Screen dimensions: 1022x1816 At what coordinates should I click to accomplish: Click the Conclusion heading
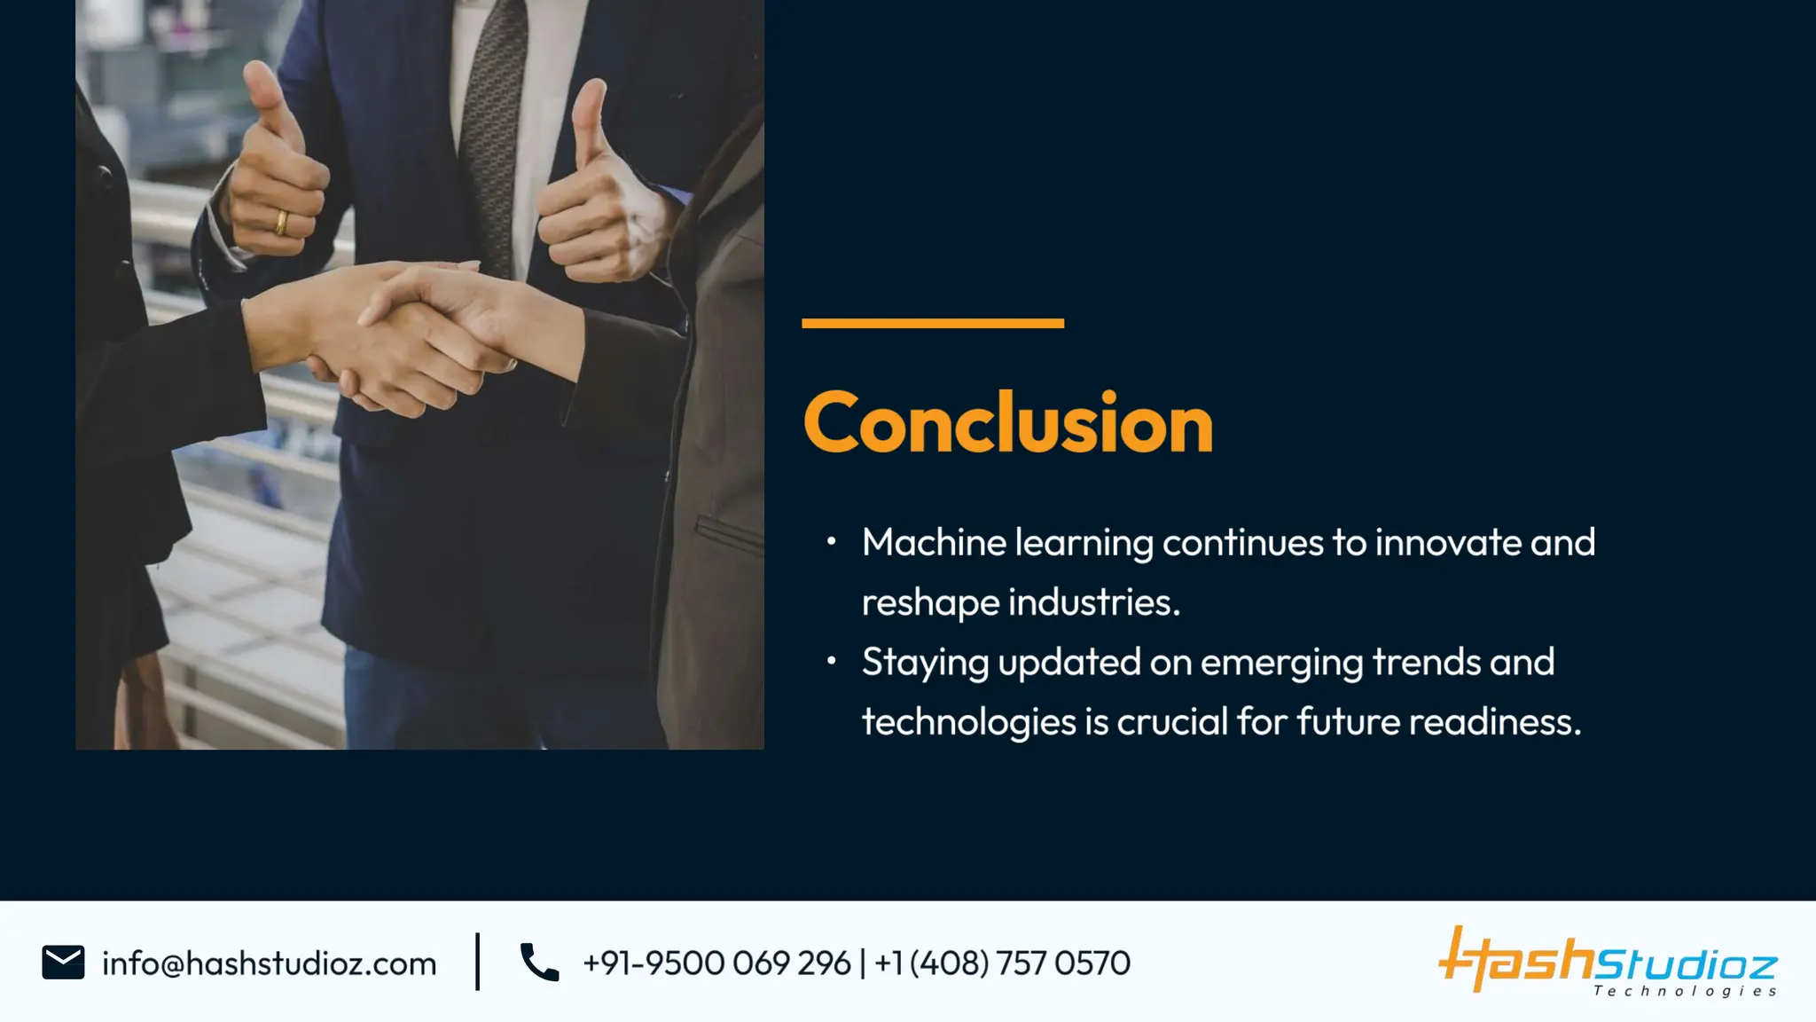(x=1007, y=424)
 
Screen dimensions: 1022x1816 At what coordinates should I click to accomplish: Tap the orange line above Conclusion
(x=932, y=324)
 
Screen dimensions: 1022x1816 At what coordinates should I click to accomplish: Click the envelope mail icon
(x=63, y=963)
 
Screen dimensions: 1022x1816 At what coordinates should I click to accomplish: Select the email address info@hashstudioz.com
(x=269, y=963)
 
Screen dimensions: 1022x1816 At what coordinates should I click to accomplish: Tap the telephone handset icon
(x=539, y=963)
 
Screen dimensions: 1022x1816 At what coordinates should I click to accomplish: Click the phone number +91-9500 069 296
(x=716, y=963)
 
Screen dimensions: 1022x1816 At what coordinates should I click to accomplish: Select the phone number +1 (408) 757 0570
(x=1002, y=963)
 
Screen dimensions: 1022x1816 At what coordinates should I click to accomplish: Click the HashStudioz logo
(x=1607, y=960)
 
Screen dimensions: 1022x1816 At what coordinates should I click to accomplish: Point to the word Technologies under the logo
(x=1685, y=991)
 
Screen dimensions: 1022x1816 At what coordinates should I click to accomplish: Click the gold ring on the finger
(x=281, y=222)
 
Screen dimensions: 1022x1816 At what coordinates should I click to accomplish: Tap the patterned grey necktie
(x=492, y=133)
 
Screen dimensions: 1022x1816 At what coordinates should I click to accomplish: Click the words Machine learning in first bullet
(x=1007, y=543)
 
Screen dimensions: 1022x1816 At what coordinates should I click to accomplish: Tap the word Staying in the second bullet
(x=925, y=663)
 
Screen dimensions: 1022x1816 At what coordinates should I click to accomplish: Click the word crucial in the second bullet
(x=1171, y=722)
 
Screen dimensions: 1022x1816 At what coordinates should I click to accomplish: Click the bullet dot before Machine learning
(x=831, y=541)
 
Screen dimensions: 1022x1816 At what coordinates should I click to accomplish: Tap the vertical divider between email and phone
(x=478, y=962)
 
